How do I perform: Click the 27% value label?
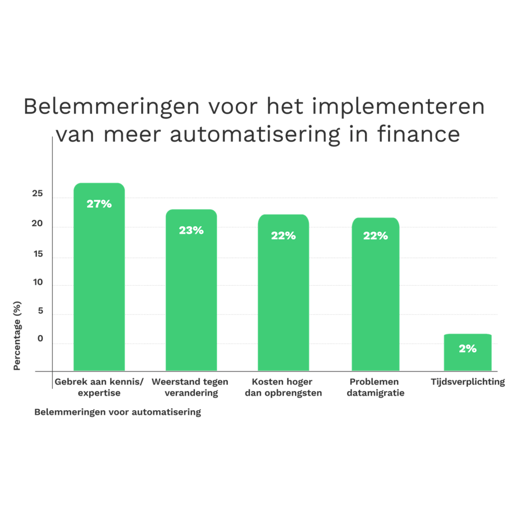99,204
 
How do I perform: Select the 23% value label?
191,230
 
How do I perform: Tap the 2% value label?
468,349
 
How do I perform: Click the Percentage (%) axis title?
17,335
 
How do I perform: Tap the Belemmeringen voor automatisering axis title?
117,412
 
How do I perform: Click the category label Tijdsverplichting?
468,382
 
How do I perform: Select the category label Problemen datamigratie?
375,388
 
